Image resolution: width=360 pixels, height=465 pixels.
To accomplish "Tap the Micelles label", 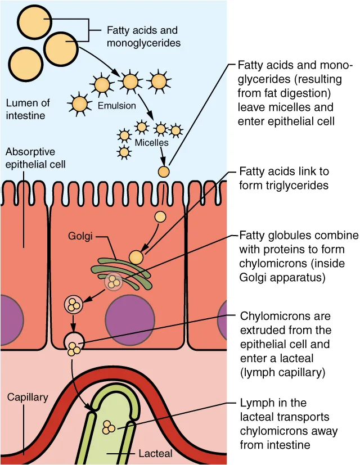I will click(151, 143).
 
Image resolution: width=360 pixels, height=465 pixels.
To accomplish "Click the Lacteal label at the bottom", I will click(155, 453).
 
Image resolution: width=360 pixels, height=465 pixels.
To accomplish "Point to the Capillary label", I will click(28, 397).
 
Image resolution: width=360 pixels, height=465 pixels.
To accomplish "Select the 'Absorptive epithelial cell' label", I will click(35, 159).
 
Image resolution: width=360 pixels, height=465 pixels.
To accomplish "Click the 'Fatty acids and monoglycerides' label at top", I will click(140, 36).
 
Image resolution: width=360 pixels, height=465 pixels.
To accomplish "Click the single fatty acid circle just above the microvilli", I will click(163, 171).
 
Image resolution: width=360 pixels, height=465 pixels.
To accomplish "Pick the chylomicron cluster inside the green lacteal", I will click(109, 428).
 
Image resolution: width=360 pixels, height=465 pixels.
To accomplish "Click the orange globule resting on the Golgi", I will click(136, 257).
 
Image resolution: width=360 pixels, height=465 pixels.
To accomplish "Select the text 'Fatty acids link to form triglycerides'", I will click(284, 178).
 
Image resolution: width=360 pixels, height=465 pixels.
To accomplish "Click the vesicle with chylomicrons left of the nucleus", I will click(73, 304).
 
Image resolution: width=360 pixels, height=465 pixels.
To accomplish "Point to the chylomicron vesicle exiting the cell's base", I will click(74, 345).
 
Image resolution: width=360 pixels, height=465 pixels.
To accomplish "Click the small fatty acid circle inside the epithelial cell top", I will click(160, 216).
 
